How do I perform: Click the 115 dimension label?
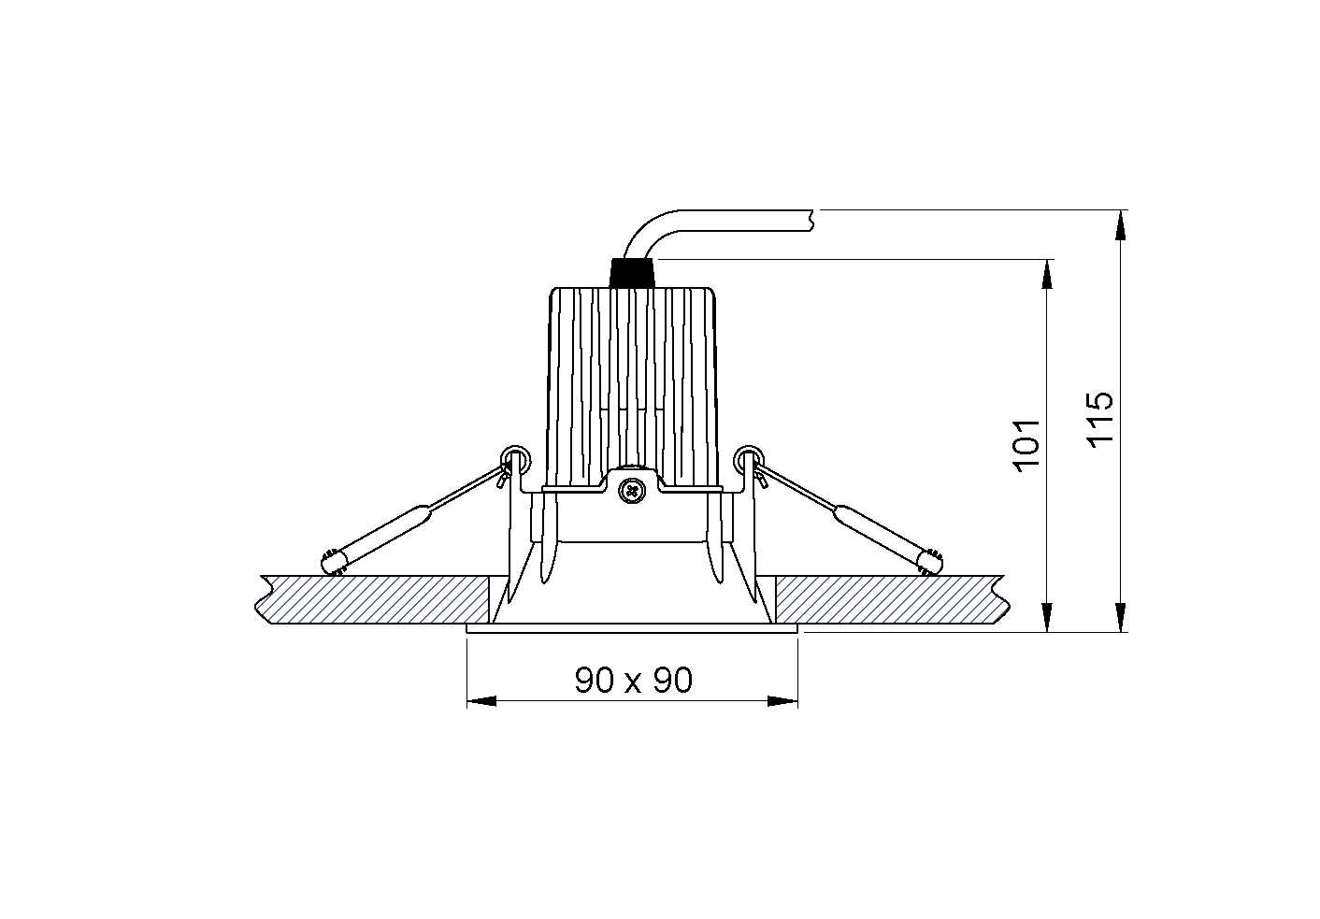click(1099, 419)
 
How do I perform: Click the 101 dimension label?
click(1026, 445)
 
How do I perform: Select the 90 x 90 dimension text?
click(634, 680)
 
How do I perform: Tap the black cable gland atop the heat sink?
click(632, 273)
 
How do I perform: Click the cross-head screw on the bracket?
click(632, 490)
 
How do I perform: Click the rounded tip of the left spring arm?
click(332, 563)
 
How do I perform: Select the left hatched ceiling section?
click(372, 599)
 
